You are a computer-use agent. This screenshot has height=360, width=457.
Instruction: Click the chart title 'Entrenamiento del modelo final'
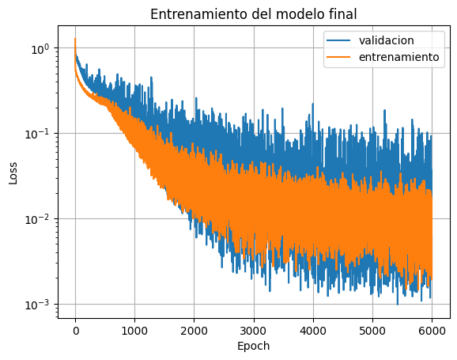point(253,13)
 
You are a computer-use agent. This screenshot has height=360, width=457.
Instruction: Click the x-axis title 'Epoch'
point(253,346)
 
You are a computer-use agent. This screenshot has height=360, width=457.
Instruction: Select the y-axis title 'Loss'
point(13,173)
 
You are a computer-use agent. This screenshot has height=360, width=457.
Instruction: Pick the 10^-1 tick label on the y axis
point(37,133)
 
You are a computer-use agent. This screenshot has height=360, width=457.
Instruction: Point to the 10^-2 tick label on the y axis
point(37,218)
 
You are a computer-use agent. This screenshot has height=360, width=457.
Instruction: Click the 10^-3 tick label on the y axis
point(37,304)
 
